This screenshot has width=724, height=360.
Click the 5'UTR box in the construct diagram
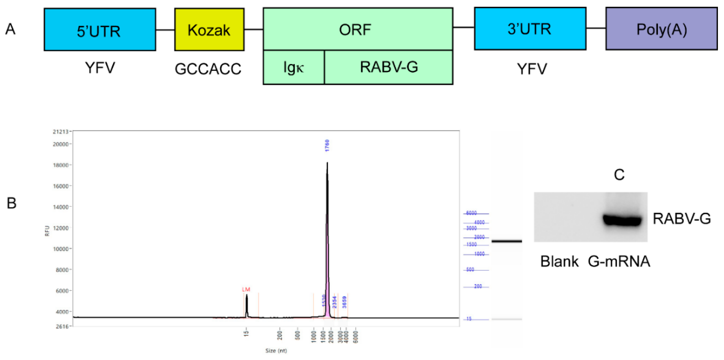pyautogui.click(x=100, y=30)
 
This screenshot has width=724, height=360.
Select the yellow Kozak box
pyautogui.click(x=209, y=30)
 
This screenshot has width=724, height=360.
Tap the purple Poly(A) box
pyautogui.click(x=661, y=29)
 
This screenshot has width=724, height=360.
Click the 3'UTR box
pyautogui.click(x=530, y=29)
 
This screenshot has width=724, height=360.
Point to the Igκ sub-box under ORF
pyautogui.click(x=293, y=67)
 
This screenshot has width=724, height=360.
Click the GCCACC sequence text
pyautogui.click(x=208, y=69)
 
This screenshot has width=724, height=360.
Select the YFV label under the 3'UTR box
pyautogui.click(x=532, y=69)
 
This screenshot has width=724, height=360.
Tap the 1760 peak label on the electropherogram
pyautogui.click(x=327, y=145)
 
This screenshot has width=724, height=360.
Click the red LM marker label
pyautogui.click(x=246, y=289)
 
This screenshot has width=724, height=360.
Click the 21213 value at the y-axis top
pyautogui.click(x=60, y=131)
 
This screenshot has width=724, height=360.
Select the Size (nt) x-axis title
pyautogui.click(x=276, y=351)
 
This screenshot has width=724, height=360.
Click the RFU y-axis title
pyautogui.click(x=47, y=231)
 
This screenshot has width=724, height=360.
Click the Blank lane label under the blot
pyautogui.click(x=559, y=261)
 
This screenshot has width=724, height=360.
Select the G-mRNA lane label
pyautogui.click(x=619, y=261)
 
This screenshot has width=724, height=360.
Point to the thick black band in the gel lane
pyautogui.click(x=507, y=241)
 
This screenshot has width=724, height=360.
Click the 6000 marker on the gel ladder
pyautogui.click(x=471, y=213)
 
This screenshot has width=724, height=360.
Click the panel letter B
pyautogui.click(x=12, y=203)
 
